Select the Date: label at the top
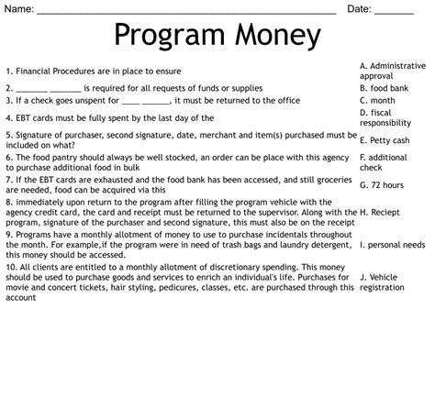[x=359, y=8]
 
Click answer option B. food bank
[x=384, y=88]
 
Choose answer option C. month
[x=377, y=100]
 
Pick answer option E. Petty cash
[x=385, y=140]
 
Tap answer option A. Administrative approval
[x=393, y=71]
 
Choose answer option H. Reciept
[x=382, y=212]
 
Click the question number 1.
[x=6, y=71]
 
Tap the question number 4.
[x=6, y=117]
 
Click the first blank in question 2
[x=28, y=89]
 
